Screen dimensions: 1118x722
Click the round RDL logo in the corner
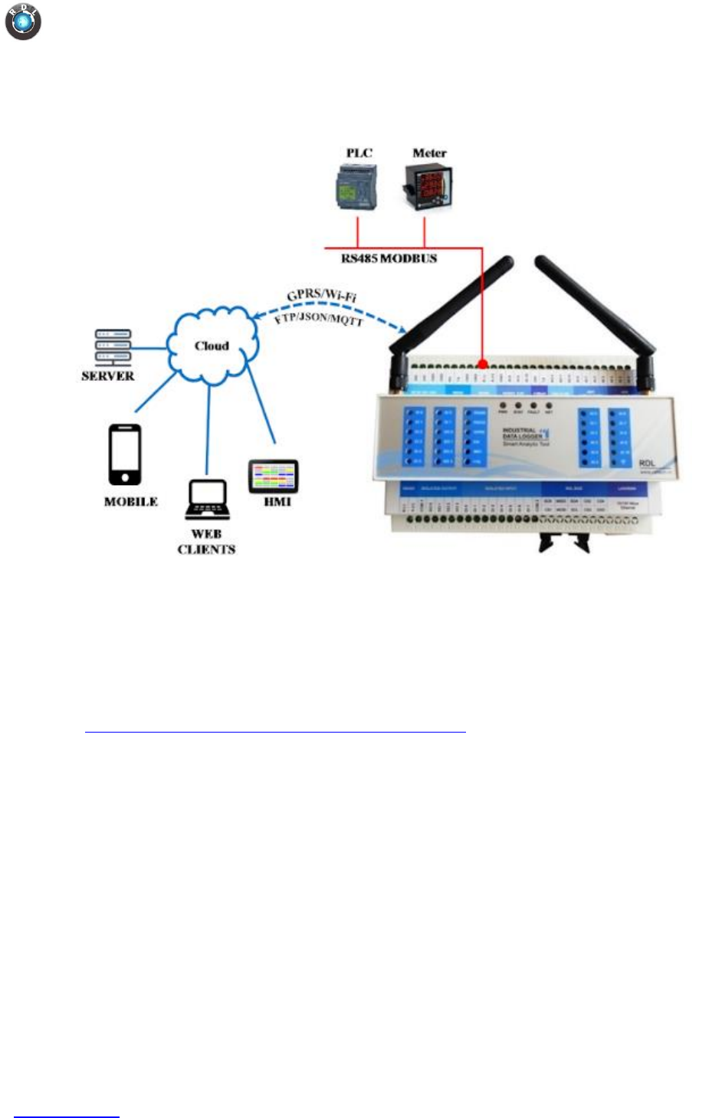tap(23, 21)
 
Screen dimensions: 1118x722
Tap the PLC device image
tap(356, 189)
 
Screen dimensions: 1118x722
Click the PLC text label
tap(359, 153)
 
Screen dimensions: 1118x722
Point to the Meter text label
tap(429, 153)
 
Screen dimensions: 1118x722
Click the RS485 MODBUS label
tap(389, 259)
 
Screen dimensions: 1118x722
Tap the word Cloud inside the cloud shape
tap(212, 346)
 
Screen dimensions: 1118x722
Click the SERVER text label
tap(108, 376)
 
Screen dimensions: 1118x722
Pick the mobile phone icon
tap(125, 455)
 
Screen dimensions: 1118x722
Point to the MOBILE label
tap(131, 502)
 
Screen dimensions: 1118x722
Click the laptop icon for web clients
tap(207, 500)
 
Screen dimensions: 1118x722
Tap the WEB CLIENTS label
tap(206, 542)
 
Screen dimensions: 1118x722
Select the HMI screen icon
tap(273, 477)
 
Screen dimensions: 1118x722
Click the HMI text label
tap(277, 502)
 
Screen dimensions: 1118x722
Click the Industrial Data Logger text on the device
tap(521, 434)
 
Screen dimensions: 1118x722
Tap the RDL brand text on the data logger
tap(647, 464)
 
